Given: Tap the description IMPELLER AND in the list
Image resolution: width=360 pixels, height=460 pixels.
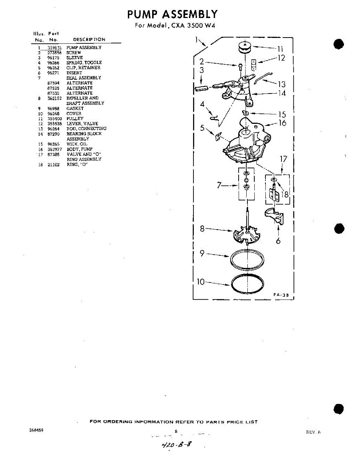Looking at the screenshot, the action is coord(82,98).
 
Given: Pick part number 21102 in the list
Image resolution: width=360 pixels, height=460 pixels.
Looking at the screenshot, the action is coord(53,164).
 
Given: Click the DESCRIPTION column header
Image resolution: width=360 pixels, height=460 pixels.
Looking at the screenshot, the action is coord(89,39).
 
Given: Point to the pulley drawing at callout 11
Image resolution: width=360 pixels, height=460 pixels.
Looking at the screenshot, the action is coord(244,48).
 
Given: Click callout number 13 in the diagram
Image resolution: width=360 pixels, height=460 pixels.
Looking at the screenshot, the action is coord(282,84).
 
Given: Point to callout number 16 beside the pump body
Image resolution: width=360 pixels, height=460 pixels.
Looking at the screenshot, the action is coord(282,123).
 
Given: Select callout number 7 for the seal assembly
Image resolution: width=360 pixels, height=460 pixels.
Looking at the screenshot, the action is coord(219,185).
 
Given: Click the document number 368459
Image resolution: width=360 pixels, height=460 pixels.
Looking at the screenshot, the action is coord(36,430).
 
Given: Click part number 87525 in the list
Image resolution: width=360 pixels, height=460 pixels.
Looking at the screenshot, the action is coord(53,88).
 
